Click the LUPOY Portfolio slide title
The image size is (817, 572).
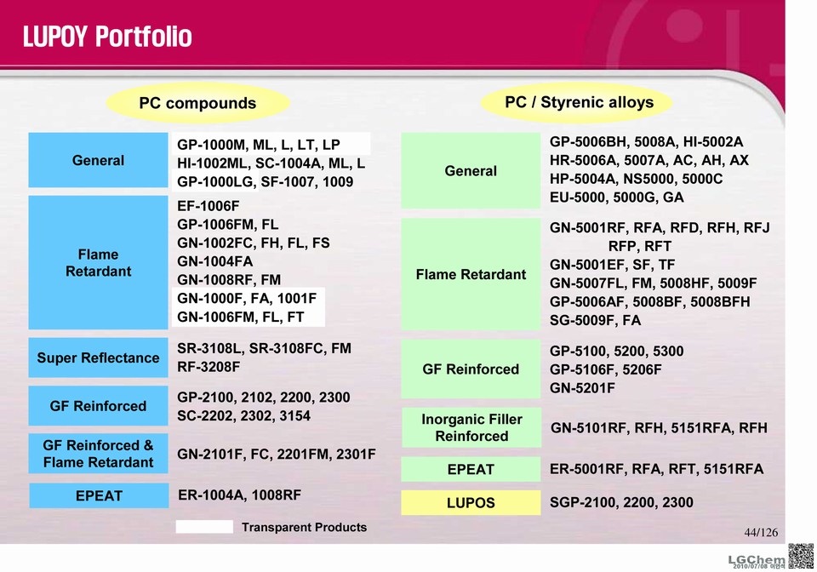point(107,37)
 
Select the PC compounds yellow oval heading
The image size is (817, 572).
point(197,103)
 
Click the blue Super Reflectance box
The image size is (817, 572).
point(98,357)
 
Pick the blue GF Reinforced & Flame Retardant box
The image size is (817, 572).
point(98,453)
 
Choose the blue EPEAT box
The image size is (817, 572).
point(99,495)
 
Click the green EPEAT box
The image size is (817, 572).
point(471,469)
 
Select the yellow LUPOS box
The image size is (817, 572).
point(471,503)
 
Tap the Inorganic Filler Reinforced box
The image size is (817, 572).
point(471,427)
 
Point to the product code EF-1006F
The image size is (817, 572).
point(209,206)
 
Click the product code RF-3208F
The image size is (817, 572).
point(209,367)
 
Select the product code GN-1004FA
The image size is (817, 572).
point(214,261)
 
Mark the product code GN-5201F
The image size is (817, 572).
point(582,388)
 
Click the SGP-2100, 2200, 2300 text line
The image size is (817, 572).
point(621,502)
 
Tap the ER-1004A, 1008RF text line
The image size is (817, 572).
point(240,495)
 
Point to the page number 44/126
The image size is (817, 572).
point(761,532)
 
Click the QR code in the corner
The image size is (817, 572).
point(801,556)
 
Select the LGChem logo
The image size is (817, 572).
point(757,560)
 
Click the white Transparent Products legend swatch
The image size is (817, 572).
point(204,527)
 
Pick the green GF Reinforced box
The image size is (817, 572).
point(471,369)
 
